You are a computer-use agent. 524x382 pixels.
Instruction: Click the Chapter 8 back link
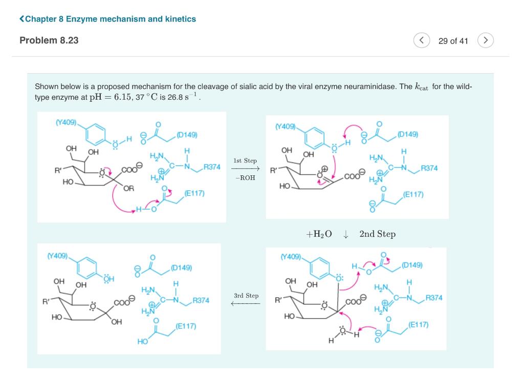pyautogui.click(x=107, y=19)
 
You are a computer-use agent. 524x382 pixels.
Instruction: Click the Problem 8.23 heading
pyautogui.click(x=49, y=40)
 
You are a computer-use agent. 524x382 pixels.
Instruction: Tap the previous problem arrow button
pyautogui.click(x=422, y=40)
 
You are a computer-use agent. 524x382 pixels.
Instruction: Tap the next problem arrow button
pyautogui.click(x=486, y=40)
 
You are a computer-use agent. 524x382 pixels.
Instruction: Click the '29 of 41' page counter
pyautogui.click(x=453, y=41)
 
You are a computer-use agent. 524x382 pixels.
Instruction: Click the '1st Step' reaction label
pyautogui.click(x=245, y=161)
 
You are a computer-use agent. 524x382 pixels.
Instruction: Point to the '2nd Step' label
pyautogui.click(x=377, y=234)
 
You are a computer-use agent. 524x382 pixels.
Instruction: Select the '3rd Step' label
pyautogui.click(x=246, y=296)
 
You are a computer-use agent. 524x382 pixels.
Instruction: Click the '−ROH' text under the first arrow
pyautogui.click(x=245, y=178)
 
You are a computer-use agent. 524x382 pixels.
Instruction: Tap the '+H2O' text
pyautogui.click(x=319, y=234)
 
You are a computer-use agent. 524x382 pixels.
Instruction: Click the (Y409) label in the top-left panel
pyautogui.click(x=65, y=122)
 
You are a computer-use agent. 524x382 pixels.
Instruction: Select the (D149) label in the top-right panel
pyautogui.click(x=407, y=134)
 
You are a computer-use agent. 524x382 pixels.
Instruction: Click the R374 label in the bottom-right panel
pyautogui.click(x=434, y=298)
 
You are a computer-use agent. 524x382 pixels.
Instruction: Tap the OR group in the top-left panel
pyautogui.click(x=128, y=189)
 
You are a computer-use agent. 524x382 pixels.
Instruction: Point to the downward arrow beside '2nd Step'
pyautogui.click(x=346, y=234)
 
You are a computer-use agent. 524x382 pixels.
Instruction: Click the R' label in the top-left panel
pyautogui.click(x=58, y=170)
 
